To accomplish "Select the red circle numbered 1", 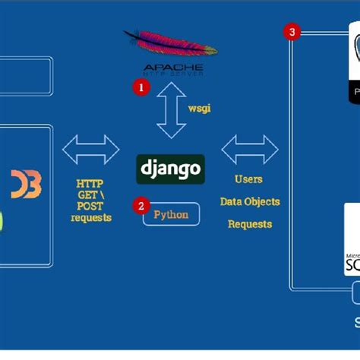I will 139,87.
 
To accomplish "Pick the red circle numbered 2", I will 140,205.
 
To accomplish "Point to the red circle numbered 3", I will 291,32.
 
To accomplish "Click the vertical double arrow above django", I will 171,109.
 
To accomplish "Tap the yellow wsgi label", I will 199,108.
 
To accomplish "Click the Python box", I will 171,214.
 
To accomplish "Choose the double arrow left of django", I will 90,149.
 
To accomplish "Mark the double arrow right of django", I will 250,149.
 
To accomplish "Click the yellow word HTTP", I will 90,184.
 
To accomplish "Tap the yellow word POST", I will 90,207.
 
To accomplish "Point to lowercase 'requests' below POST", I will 90,218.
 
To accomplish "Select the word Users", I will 249,179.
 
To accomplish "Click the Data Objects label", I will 250,201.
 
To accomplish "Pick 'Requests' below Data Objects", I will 250,224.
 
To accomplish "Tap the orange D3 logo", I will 26,184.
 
